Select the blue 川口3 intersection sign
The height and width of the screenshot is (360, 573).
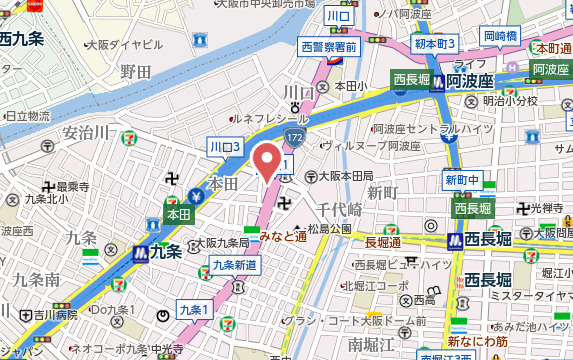(225, 147)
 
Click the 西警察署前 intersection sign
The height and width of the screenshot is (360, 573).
(328, 46)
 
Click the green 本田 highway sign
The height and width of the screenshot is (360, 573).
(178, 214)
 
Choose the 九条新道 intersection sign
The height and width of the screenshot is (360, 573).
(235, 265)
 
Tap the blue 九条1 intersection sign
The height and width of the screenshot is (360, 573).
(193, 310)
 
